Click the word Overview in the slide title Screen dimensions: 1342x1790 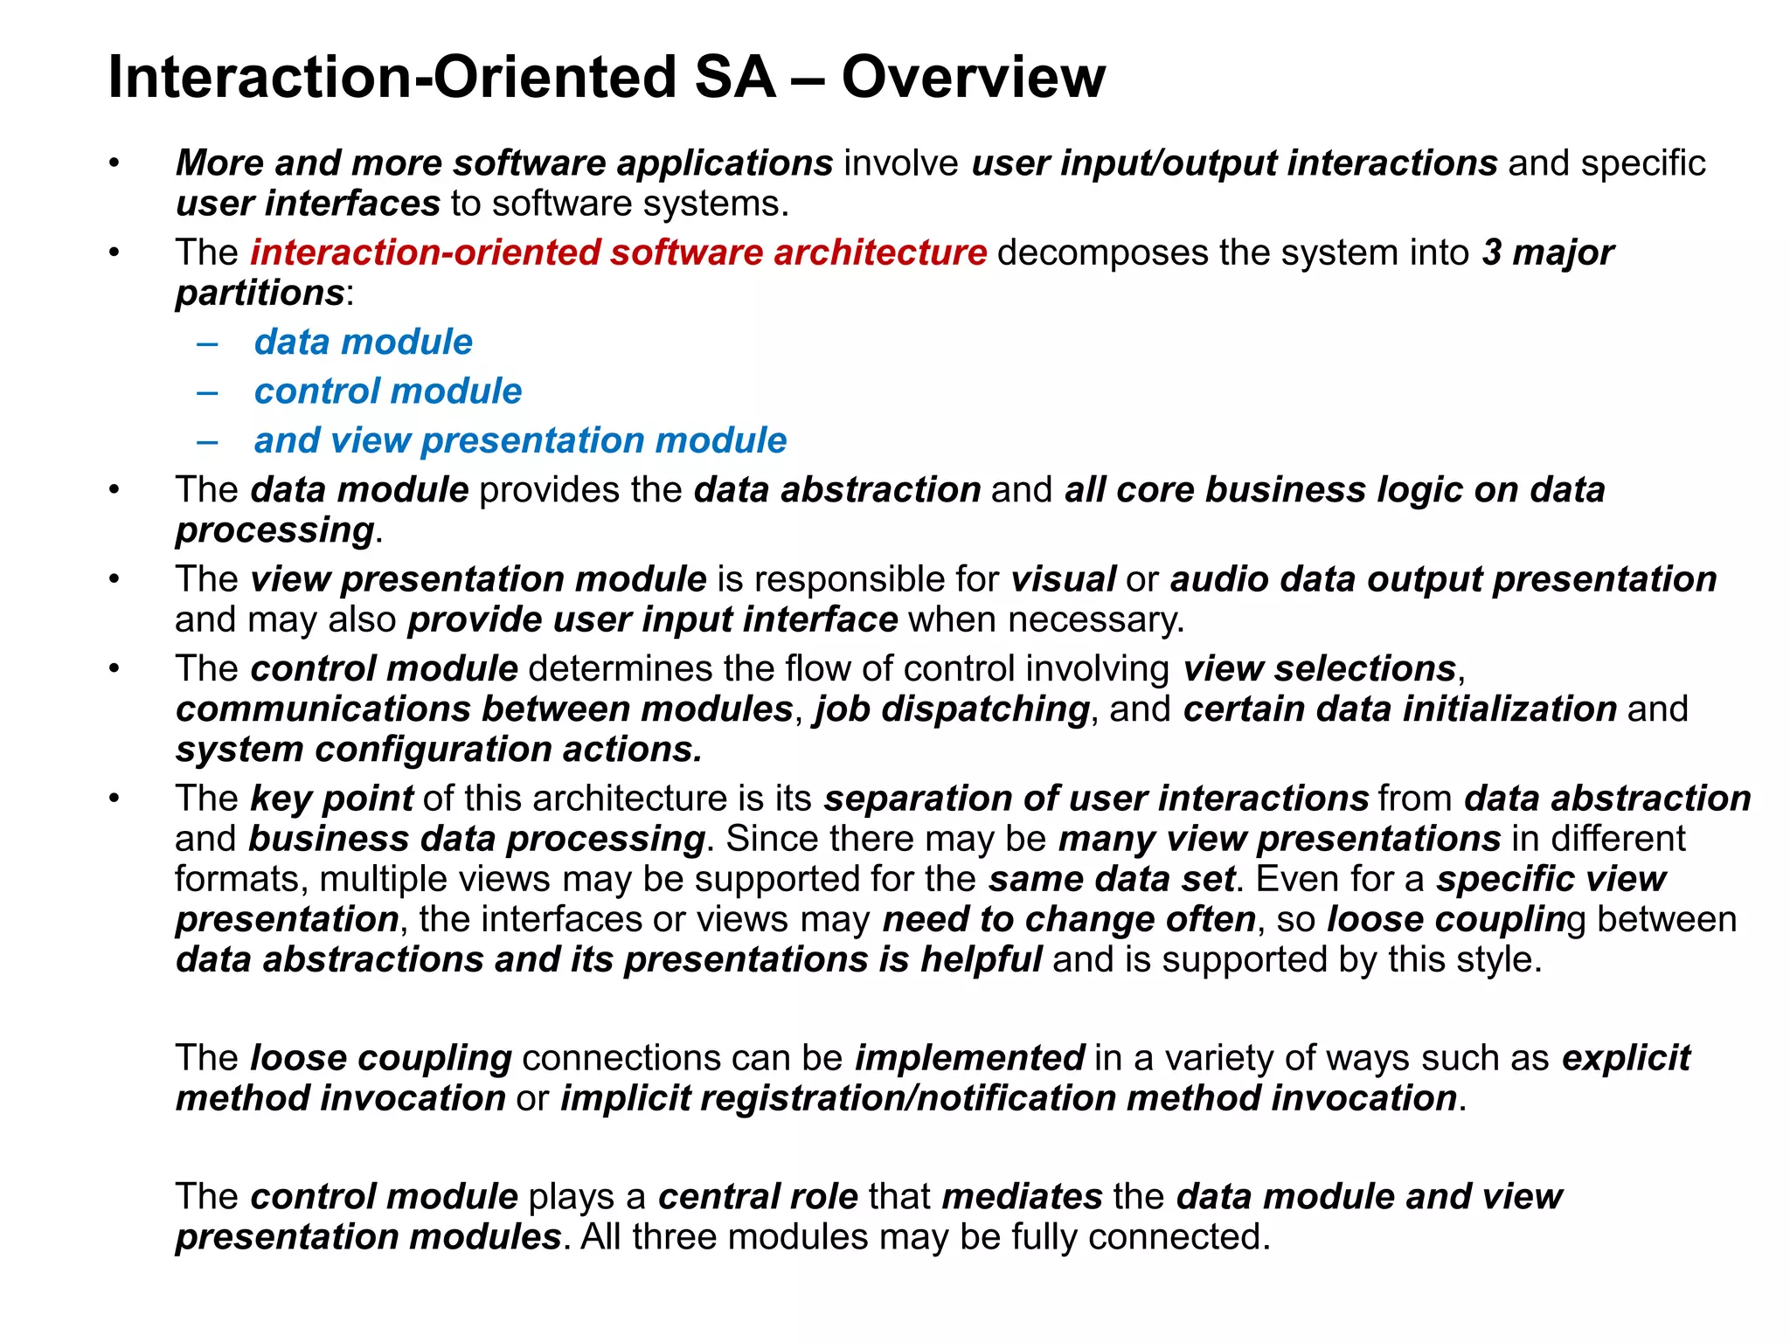[x=973, y=77]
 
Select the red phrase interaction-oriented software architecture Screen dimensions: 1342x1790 [x=618, y=252]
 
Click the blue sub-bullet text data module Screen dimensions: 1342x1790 [x=363, y=342]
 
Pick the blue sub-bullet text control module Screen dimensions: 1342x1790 [x=387, y=391]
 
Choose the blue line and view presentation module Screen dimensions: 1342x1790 [x=520, y=440]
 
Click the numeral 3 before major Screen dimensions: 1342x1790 [x=1491, y=252]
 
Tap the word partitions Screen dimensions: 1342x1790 [x=260, y=293]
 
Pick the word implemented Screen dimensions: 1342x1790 [x=969, y=1058]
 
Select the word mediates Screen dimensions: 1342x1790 [x=1022, y=1197]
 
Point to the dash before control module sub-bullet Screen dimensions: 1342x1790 [x=207, y=391]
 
